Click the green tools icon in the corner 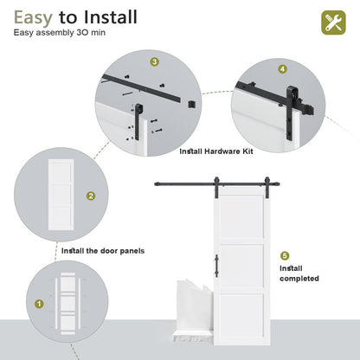pyautogui.click(x=333, y=22)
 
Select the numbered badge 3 pyautogui.click(x=154, y=62)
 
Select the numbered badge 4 pyautogui.click(x=282, y=68)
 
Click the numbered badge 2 pyautogui.click(x=90, y=196)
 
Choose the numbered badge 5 pyautogui.click(x=285, y=256)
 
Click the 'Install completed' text pyautogui.click(x=299, y=273)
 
